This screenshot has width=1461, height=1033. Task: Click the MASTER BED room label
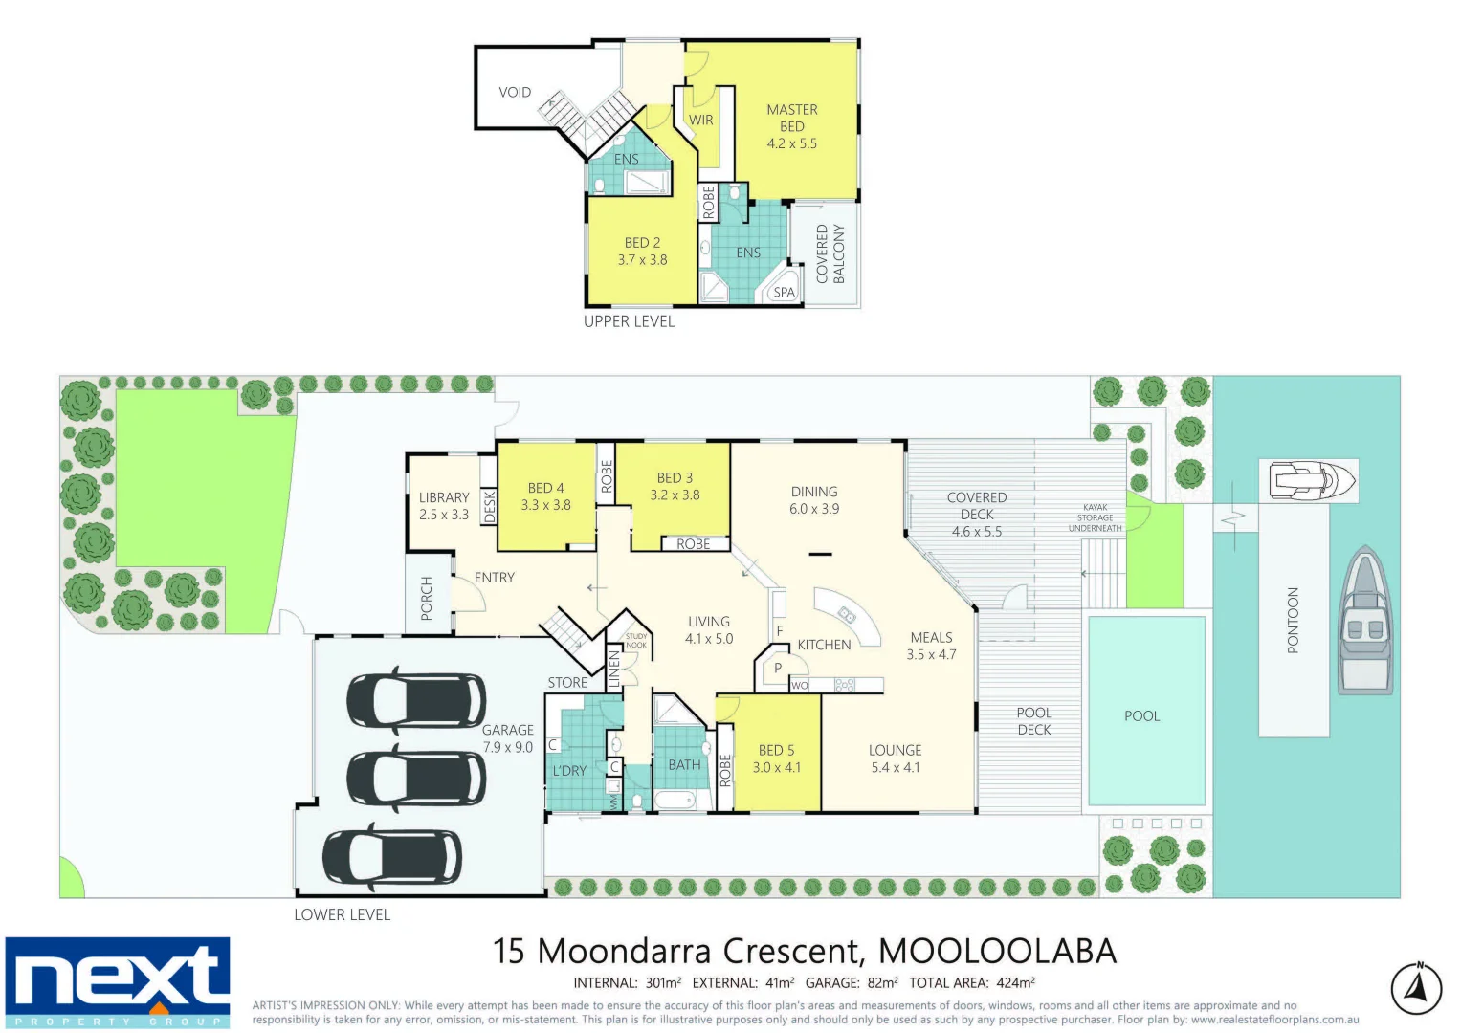click(791, 118)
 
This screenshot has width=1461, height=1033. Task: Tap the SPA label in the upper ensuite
click(784, 293)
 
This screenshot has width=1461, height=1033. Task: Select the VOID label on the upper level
click(515, 93)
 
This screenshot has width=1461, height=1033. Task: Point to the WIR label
click(701, 121)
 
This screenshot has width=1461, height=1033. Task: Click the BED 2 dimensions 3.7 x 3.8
click(642, 260)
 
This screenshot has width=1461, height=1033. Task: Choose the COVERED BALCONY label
click(830, 253)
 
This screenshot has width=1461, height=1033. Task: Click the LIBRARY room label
click(444, 497)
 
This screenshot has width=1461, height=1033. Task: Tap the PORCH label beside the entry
click(427, 599)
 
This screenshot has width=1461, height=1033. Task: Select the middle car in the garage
click(416, 779)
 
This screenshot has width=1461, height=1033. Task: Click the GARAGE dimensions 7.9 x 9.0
click(507, 747)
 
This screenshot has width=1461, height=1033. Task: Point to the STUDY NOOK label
click(636, 641)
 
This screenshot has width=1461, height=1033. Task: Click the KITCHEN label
click(824, 645)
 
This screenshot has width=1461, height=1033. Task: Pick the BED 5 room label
click(776, 750)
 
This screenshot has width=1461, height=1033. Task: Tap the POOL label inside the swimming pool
click(1141, 715)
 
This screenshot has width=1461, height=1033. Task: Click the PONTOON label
click(1293, 621)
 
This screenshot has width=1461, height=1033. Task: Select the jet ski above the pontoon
click(1312, 479)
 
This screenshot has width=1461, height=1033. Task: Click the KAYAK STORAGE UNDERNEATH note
click(1096, 517)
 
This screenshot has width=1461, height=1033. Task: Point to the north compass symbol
click(1416, 989)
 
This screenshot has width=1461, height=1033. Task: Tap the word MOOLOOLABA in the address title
click(997, 951)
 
